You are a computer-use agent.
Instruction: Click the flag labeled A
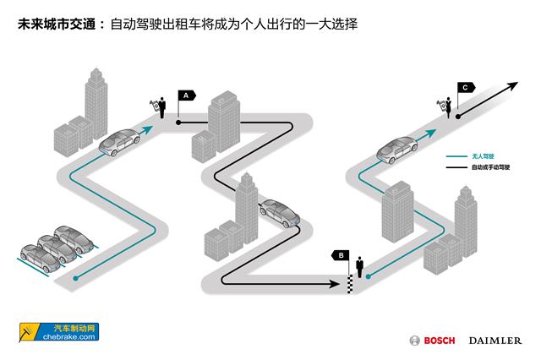click(185, 96)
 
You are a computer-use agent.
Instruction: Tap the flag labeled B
click(341, 254)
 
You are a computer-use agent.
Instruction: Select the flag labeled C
click(466, 85)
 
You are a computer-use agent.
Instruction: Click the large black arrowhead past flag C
click(512, 86)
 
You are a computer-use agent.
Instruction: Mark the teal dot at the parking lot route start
click(77, 277)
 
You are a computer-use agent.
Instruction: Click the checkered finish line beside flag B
click(349, 284)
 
